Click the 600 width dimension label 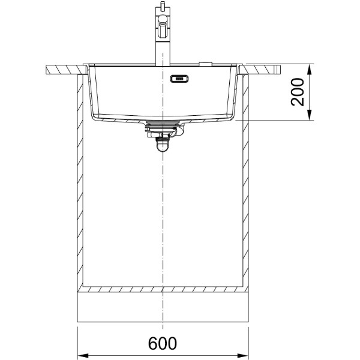[x=163, y=343]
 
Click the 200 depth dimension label [x=298, y=92]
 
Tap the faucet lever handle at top [x=163, y=26]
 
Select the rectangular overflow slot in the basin [x=179, y=79]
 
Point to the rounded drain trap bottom [x=163, y=146]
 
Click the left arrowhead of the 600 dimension [x=83, y=355]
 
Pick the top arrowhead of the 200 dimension [x=310, y=70]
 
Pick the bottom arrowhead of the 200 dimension [x=310, y=115]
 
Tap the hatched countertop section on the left [x=67, y=70]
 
